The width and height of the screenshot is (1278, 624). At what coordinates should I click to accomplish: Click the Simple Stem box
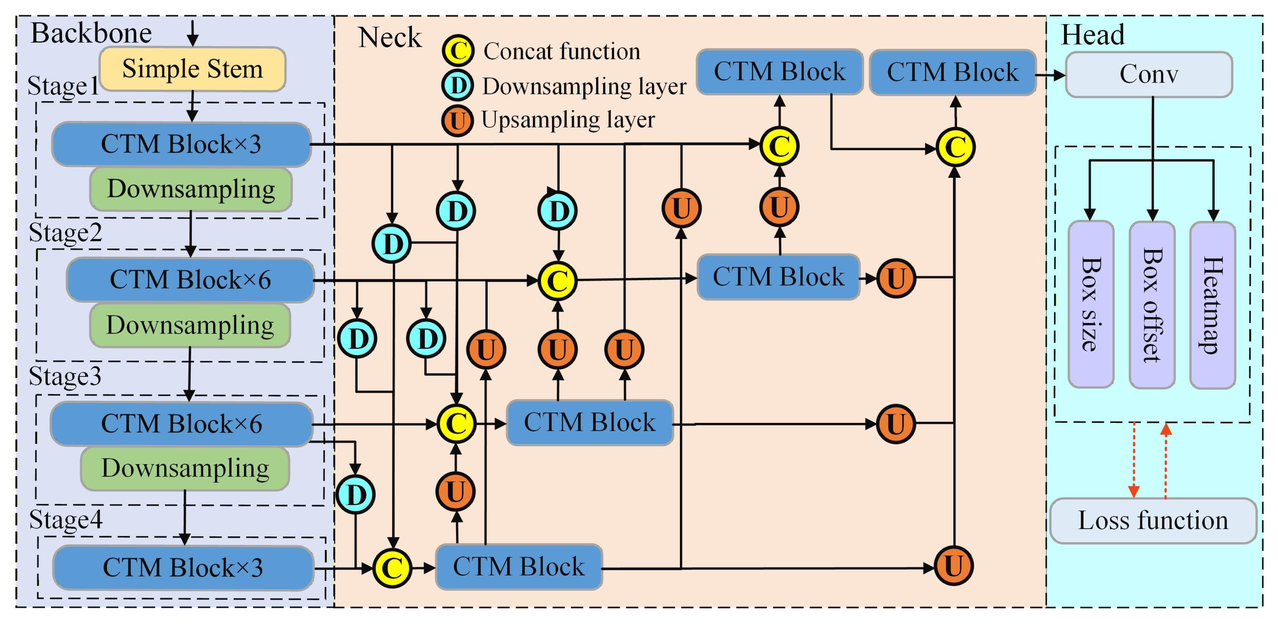click(x=192, y=69)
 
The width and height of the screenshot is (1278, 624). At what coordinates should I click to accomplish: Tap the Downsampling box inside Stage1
click(x=191, y=189)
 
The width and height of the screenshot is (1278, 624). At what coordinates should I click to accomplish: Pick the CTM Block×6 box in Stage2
click(x=190, y=280)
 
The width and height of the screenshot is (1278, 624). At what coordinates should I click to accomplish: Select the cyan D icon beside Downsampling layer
click(x=457, y=85)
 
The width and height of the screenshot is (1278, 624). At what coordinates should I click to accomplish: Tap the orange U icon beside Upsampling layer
click(x=457, y=120)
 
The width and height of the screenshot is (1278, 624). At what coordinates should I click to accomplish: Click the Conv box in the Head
click(x=1148, y=75)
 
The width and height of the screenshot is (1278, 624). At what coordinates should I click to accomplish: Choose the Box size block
click(x=1091, y=304)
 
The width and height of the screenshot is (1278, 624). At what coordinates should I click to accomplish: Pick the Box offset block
click(x=1152, y=304)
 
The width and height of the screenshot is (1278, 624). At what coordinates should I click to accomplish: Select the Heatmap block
click(x=1212, y=304)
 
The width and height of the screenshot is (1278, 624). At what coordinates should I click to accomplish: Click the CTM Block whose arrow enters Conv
click(x=952, y=72)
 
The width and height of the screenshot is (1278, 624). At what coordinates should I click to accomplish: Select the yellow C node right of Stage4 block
click(x=392, y=568)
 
